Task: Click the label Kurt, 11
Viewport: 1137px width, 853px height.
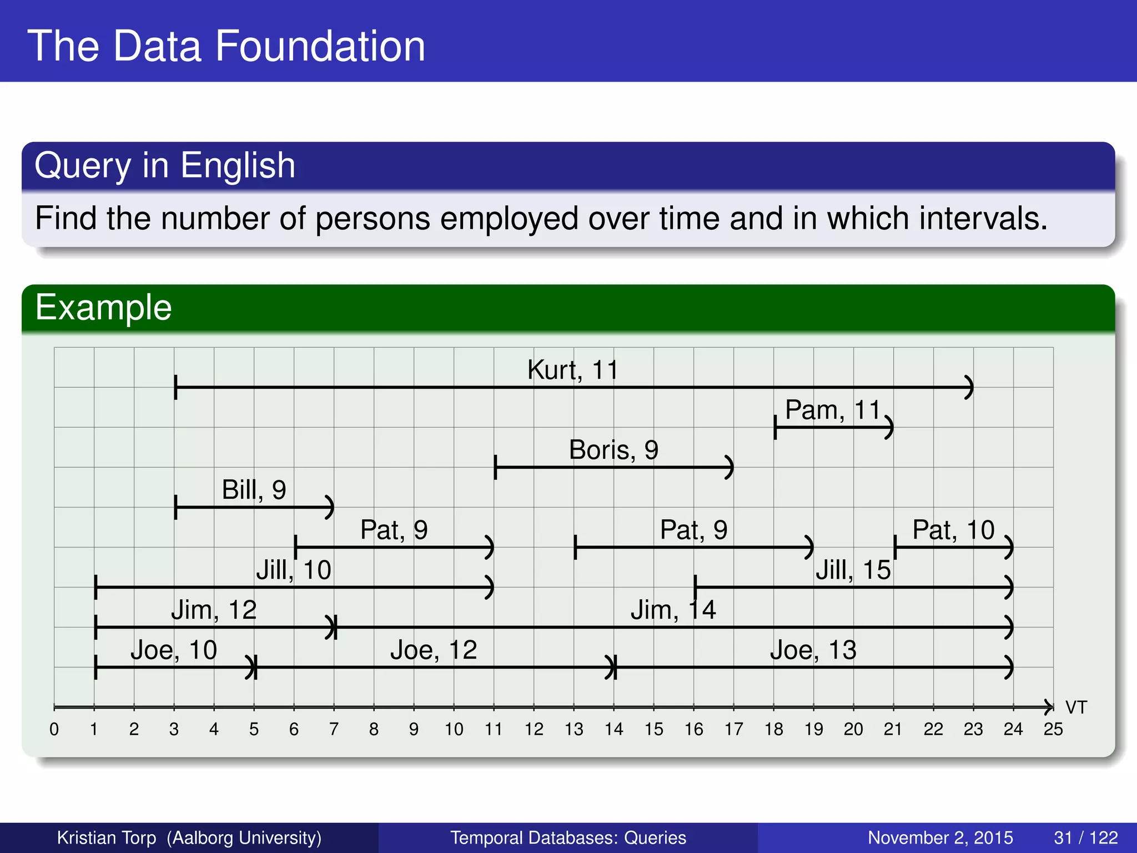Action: [572, 370]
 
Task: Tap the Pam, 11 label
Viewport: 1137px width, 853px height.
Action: [833, 410]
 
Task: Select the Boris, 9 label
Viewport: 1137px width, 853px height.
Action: [613, 450]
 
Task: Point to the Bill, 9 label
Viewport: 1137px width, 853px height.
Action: [254, 490]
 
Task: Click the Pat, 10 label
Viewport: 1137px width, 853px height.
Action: [953, 530]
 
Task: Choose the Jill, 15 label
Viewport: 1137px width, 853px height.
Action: [853, 570]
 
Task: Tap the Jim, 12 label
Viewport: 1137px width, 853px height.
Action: [214, 610]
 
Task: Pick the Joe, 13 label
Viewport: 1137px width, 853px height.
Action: [813, 650]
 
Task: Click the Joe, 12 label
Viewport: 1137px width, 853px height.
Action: [434, 650]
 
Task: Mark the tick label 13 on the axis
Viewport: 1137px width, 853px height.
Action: [573, 729]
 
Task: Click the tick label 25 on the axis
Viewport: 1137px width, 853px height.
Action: [1053, 729]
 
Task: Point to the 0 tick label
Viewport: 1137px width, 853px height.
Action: [54, 729]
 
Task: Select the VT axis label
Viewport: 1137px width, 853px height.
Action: [1076, 708]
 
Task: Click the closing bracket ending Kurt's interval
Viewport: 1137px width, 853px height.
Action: [969, 387]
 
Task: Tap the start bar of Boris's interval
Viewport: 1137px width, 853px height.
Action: [495, 467]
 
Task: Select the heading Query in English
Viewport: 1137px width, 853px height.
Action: [165, 165]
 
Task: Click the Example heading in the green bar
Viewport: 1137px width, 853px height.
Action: [103, 307]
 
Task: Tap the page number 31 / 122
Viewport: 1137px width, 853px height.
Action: [1085, 837]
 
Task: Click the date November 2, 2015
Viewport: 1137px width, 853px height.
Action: [940, 837]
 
